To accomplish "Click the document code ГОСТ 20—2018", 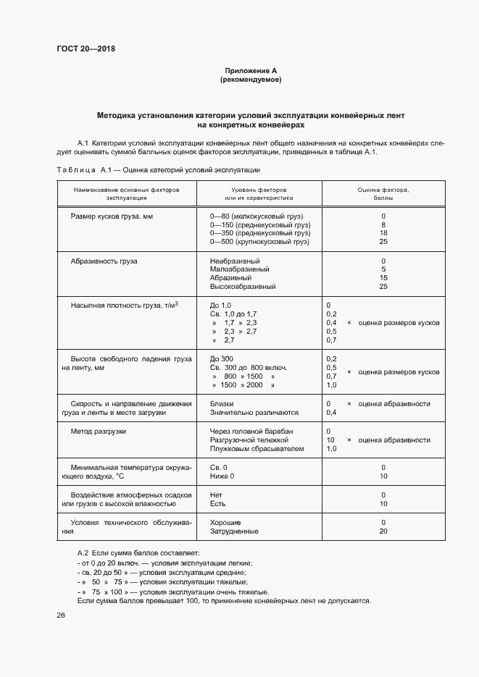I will coord(86,49).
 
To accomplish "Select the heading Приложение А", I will coord(251,71).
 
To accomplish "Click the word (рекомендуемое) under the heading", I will coord(251,80).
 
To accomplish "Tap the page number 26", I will coord(61,615).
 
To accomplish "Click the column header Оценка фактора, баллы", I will coord(383,193).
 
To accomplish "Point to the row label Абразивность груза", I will coord(104,261).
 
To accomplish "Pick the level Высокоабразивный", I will coord(243,287).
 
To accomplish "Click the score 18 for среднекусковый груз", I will coord(383,233).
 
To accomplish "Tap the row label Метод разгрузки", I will coord(99,432).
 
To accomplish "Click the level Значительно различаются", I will coord(254,413).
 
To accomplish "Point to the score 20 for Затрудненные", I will coord(383,531).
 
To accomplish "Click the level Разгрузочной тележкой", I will coord(251,440).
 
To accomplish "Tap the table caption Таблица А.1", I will coord(158,169).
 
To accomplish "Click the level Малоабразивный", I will coord(239,269).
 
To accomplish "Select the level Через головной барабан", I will coord(251,432).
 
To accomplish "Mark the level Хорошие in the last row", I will coord(225,522).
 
